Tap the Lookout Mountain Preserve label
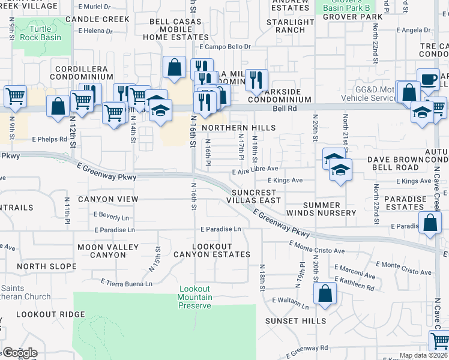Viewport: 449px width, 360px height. (195, 297)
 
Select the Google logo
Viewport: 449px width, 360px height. (19, 353)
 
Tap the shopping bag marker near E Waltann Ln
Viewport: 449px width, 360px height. (324, 294)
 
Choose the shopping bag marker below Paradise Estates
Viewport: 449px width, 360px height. (430, 223)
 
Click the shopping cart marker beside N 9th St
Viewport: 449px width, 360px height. (15, 96)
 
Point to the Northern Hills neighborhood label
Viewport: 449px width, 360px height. (239, 128)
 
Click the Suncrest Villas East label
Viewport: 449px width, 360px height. (255, 196)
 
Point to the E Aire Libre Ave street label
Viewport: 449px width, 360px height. (255, 170)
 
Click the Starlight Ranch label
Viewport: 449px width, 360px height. (291, 26)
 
